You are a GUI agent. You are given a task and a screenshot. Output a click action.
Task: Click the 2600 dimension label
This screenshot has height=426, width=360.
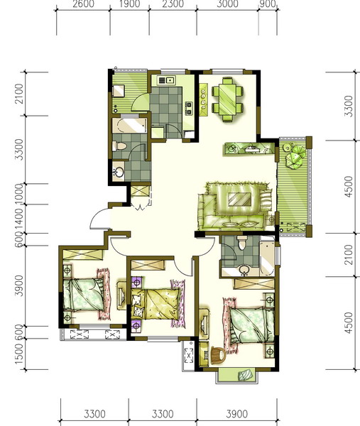[x=83, y=4]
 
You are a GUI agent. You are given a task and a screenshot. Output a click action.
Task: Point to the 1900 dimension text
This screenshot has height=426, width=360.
[x=130, y=4]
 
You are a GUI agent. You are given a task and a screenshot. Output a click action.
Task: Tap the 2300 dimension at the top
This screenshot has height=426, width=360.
[x=173, y=4]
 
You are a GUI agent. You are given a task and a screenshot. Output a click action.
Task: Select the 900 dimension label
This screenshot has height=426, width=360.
[x=268, y=4]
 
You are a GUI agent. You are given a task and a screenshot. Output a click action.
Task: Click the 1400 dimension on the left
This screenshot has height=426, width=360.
[x=19, y=219]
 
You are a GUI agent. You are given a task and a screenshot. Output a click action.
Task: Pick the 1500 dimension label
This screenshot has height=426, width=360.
[x=19, y=354]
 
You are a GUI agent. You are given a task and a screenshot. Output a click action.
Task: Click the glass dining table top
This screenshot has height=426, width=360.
[x=227, y=99]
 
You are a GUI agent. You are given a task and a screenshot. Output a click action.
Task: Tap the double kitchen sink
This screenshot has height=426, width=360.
[x=166, y=80]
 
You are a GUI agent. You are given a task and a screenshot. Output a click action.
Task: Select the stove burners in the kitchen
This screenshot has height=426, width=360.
[x=188, y=108]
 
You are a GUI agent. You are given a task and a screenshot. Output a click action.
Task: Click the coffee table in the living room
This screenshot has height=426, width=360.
[x=239, y=199]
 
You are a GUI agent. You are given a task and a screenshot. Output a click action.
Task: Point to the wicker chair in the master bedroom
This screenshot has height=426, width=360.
[x=219, y=355]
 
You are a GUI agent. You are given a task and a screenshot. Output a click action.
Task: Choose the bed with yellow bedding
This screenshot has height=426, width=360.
[x=156, y=304]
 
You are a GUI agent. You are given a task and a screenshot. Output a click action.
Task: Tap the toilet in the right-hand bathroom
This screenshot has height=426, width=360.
[x=242, y=243]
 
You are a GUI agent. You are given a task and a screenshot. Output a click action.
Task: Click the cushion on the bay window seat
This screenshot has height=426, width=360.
[x=245, y=375]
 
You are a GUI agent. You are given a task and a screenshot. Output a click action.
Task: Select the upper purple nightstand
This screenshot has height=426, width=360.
[x=136, y=283]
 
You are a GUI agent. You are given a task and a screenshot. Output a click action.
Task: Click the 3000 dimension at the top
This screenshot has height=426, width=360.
[x=227, y=4]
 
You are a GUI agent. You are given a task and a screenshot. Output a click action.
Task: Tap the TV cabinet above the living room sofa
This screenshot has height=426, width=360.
[x=249, y=148]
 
